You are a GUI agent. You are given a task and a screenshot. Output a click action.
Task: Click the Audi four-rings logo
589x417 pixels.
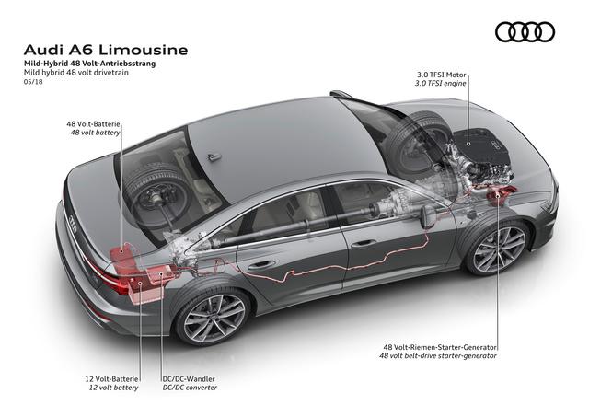(x=525, y=32)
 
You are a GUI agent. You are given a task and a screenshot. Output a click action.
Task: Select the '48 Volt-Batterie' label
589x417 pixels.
(x=90, y=122)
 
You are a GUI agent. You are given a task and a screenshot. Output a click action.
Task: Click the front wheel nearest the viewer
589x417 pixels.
(x=498, y=248)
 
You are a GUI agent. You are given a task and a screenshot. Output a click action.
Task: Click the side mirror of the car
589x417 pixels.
(x=427, y=217)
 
